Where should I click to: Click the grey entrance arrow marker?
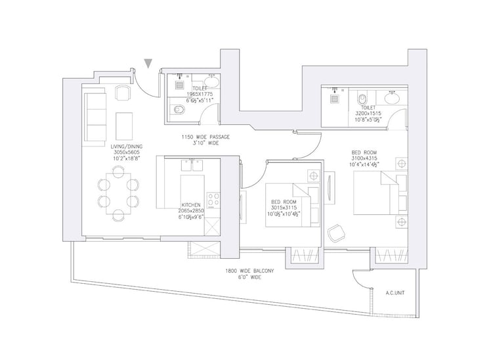coord(149,63)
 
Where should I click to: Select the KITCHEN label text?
coord(191,205)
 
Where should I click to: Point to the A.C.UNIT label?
coord(394,294)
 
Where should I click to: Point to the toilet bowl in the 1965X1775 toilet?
coord(177,110)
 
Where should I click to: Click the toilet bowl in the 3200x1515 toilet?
coord(363,99)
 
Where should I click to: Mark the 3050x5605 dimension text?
coord(123,152)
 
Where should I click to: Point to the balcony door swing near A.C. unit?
coord(360,279)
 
